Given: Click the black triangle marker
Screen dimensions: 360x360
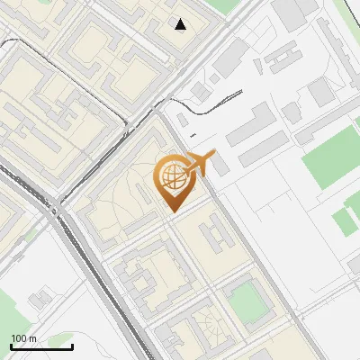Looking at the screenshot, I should coord(181,24).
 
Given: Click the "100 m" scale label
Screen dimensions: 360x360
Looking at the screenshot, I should coord(23,338).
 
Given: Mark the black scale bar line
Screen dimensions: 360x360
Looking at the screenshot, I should coord(41,346).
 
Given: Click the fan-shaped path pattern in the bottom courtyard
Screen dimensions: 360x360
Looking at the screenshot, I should coord(205,335).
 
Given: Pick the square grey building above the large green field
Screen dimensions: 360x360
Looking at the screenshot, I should coord(321,91).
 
